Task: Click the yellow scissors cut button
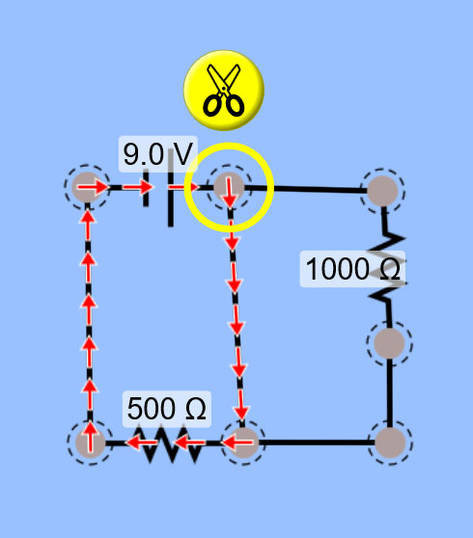click(224, 91)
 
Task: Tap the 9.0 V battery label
click(158, 154)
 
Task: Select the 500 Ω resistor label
click(167, 409)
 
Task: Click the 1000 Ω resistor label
click(352, 269)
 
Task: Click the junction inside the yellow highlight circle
click(229, 187)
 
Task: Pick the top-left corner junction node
click(87, 187)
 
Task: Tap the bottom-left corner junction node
click(91, 443)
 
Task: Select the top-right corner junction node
click(382, 191)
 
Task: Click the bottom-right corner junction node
click(390, 443)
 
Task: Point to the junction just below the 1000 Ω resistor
click(389, 343)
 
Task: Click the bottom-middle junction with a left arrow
click(243, 443)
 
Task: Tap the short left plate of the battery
click(146, 188)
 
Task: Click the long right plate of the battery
click(171, 188)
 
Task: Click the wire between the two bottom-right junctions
click(317, 443)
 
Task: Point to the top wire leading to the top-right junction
click(306, 188)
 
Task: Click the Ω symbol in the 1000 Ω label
click(390, 269)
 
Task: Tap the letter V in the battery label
click(182, 154)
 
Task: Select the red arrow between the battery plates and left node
click(137, 187)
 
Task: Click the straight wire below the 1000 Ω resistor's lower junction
click(390, 393)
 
